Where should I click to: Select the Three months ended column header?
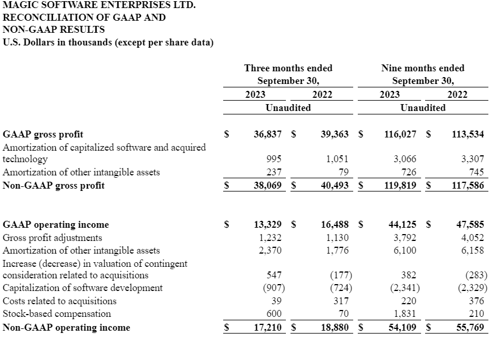point(288,68)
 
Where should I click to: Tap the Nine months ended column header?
point(423,68)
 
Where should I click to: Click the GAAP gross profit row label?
point(43,135)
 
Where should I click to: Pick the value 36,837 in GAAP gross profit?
point(267,135)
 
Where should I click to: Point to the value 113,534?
point(468,135)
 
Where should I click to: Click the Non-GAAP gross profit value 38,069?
point(267,185)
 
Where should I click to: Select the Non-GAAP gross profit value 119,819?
point(401,185)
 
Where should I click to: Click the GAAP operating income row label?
point(56,225)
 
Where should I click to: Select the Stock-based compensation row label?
point(57,314)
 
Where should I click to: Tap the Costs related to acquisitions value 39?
point(276,301)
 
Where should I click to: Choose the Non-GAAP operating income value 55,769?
point(469,327)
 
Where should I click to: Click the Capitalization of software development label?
point(83,288)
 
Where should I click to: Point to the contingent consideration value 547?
point(273,275)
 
